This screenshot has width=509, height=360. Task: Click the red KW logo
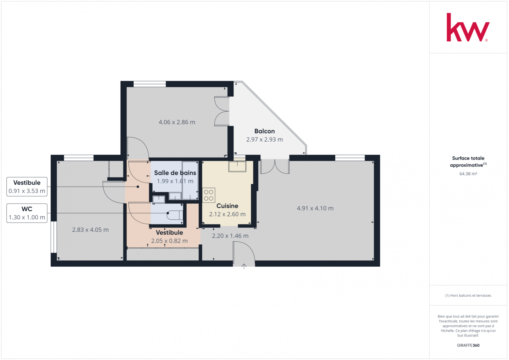point(468,27)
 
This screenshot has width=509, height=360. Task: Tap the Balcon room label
point(264,131)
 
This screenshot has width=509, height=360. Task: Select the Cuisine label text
point(227,206)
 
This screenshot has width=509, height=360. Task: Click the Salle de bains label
point(175,173)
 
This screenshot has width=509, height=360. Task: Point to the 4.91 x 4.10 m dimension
point(315,208)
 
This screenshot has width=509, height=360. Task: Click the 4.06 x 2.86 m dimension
point(177,122)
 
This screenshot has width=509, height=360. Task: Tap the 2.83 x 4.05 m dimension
point(90,230)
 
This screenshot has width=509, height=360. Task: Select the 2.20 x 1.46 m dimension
point(230,236)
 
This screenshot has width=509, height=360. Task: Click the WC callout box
point(27,213)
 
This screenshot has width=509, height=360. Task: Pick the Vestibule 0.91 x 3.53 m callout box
point(27,187)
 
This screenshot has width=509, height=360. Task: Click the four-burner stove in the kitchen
point(209,195)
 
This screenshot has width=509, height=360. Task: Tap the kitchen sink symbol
point(237,166)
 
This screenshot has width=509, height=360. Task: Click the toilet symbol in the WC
point(175,215)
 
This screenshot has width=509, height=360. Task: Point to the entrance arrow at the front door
point(244,266)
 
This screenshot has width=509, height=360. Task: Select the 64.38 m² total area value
point(468,174)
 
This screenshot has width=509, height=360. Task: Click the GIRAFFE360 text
point(468,345)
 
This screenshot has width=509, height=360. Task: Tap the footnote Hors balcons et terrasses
point(468,295)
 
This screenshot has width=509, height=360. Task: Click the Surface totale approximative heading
point(468,161)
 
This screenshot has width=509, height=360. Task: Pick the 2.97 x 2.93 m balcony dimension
point(264,140)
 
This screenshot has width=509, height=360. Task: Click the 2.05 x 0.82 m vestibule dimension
point(169,241)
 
